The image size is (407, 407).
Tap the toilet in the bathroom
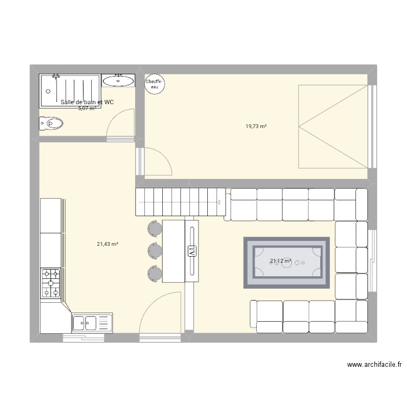51,124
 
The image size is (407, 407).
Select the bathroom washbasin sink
118,81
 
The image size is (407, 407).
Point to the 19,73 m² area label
256,126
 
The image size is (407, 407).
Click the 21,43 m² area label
107,244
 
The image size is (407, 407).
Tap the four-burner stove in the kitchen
51,283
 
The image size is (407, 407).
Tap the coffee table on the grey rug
286,262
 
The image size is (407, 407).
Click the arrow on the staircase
219,203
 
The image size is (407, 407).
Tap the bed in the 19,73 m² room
333,126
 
